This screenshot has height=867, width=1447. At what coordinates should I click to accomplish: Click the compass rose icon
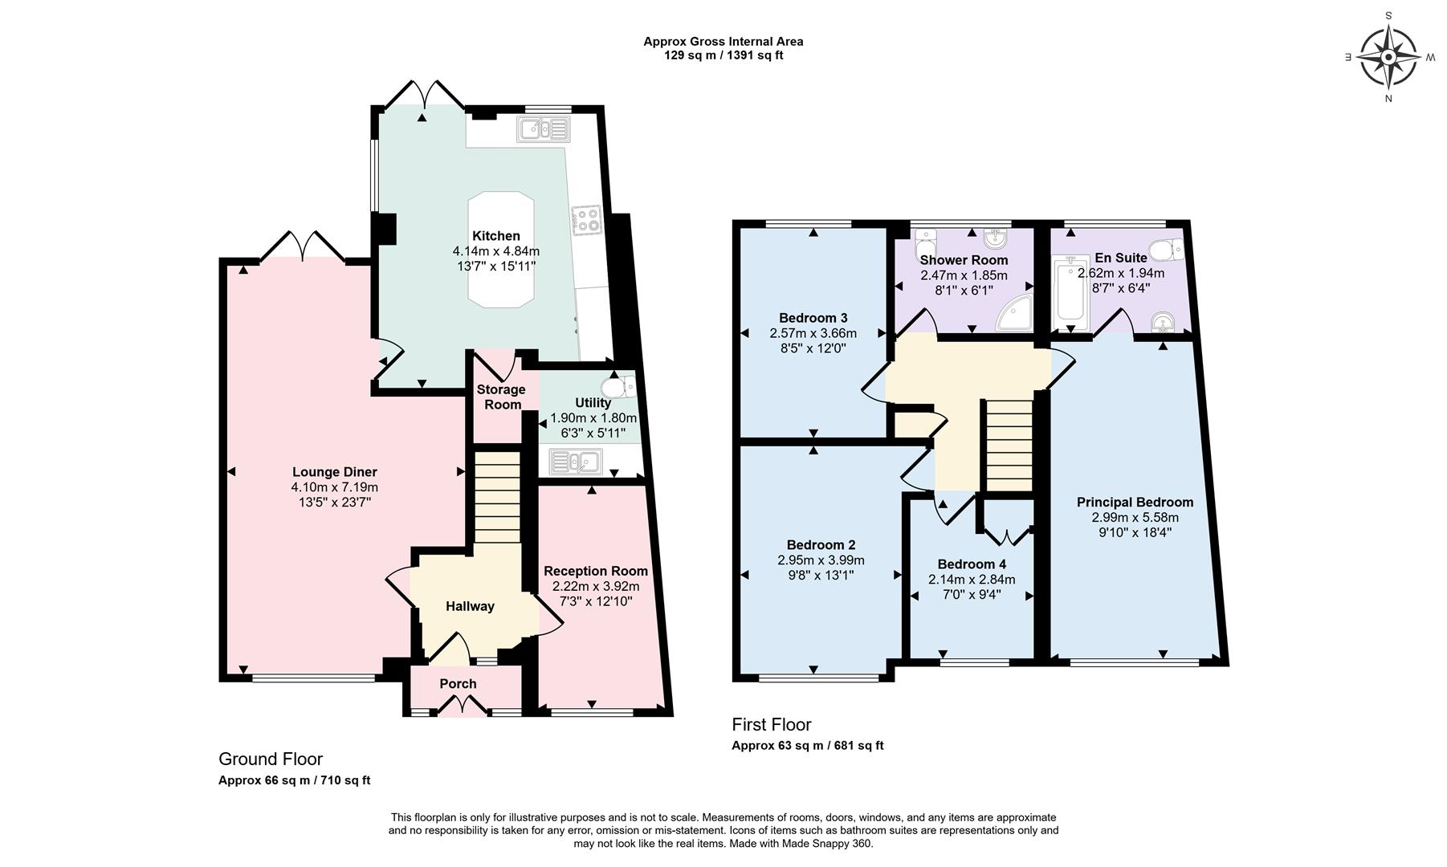coord(1389,57)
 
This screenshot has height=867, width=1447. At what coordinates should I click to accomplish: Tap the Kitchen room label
coord(495,236)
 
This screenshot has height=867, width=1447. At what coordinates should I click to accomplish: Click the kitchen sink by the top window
coord(543,129)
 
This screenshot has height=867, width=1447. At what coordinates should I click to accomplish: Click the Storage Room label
coord(501,397)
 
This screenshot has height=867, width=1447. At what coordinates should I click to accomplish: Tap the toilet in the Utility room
coord(621,388)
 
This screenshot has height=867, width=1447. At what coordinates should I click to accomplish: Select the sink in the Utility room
coord(575,462)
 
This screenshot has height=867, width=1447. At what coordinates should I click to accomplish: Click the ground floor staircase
coord(496,498)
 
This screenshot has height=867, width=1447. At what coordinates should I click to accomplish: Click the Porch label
coord(458,684)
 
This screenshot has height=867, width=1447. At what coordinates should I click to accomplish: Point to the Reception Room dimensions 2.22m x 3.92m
coord(595,586)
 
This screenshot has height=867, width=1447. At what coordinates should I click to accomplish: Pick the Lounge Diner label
coord(334,472)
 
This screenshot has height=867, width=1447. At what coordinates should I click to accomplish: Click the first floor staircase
coord(1008,446)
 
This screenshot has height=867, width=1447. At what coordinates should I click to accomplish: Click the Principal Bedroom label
coord(1134,503)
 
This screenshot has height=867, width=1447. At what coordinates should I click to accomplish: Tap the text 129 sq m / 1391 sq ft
coord(723,55)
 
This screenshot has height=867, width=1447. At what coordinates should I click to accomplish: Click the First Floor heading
coord(771,725)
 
